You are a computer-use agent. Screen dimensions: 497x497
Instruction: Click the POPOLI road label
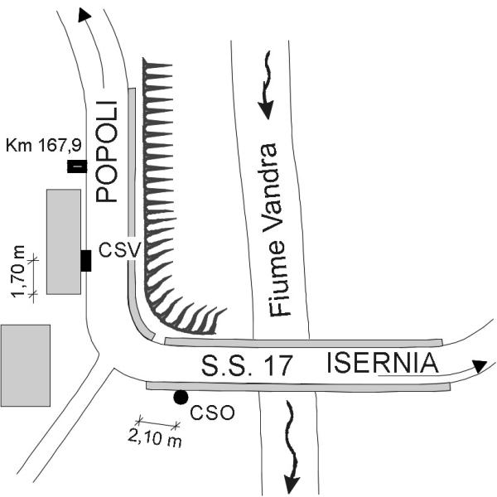pyautogui.click(x=107, y=152)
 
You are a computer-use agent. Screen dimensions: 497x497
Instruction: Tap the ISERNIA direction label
pyautogui.click(x=382, y=364)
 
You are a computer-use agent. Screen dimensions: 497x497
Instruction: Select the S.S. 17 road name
pyautogui.click(x=246, y=365)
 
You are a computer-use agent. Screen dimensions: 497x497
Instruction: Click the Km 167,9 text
pyautogui.click(x=43, y=146)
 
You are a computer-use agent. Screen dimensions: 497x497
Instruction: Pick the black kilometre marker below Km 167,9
pyautogui.click(x=77, y=166)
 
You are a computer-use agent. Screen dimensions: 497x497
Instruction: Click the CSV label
pyautogui.click(x=119, y=250)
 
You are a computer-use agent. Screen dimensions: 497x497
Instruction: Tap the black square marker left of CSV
pyautogui.click(x=86, y=261)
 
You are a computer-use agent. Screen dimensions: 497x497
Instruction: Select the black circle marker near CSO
pyautogui.click(x=181, y=397)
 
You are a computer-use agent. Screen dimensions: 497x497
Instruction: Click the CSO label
pyautogui.click(x=212, y=413)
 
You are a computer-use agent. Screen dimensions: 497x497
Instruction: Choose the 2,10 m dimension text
pyautogui.click(x=155, y=439)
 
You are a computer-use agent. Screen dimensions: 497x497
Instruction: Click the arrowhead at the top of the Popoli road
pyautogui.click(x=84, y=15)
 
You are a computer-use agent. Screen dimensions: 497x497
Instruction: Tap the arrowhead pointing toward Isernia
pyautogui.click(x=480, y=366)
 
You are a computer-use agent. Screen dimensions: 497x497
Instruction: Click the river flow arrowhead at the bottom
pyautogui.click(x=292, y=484)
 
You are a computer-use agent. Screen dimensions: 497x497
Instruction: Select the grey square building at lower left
pyautogui.click(x=25, y=365)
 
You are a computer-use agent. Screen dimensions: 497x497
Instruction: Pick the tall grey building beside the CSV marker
pyautogui.click(x=64, y=242)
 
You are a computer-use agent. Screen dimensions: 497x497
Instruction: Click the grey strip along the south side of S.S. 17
pyautogui.click(x=298, y=386)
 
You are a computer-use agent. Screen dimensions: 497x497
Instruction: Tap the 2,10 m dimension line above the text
pyautogui.click(x=157, y=423)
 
